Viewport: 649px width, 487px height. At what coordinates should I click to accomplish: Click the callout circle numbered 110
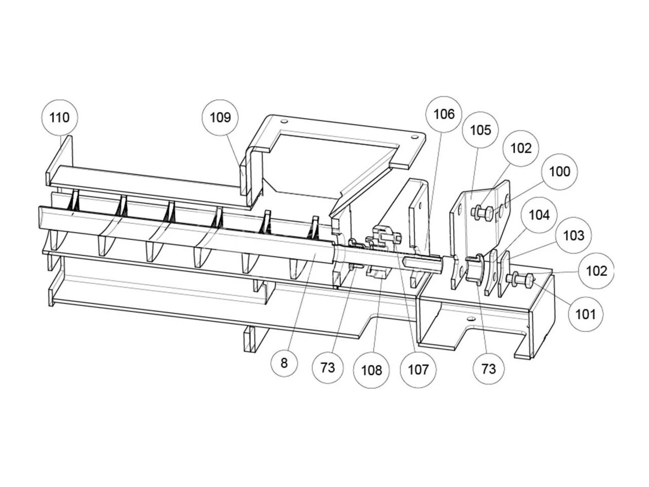click(59, 118)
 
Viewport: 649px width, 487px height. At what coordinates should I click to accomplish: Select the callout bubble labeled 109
click(221, 118)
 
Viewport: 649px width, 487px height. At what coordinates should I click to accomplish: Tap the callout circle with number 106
click(444, 114)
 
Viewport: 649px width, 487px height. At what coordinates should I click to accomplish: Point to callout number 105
click(480, 130)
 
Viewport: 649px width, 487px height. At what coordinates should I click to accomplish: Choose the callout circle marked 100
click(559, 171)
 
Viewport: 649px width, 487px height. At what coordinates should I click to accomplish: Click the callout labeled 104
click(538, 215)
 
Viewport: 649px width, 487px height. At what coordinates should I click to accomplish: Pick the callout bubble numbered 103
click(573, 235)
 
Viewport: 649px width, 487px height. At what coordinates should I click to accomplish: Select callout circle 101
click(585, 314)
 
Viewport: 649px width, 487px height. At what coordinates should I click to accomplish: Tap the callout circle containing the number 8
click(284, 363)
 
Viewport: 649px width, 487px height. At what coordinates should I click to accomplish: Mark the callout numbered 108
click(371, 370)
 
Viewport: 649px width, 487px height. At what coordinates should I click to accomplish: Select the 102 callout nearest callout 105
click(521, 148)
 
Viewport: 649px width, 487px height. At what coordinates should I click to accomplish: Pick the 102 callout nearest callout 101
click(596, 271)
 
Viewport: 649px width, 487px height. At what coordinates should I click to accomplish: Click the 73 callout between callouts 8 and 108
click(328, 367)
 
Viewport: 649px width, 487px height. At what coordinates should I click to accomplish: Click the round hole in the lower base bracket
click(471, 319)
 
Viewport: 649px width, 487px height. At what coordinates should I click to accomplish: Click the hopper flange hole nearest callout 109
click(284, 122)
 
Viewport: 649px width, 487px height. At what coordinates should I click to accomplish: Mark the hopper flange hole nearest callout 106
click(415, 137)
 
